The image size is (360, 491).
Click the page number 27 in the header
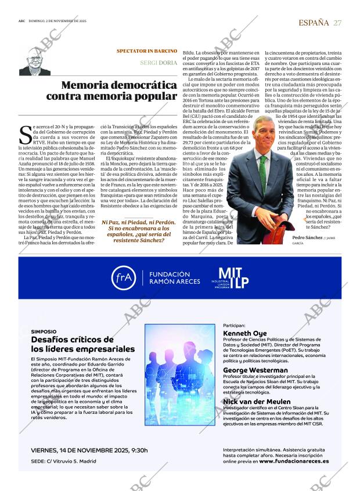pyautogui.click(x=337, y=22)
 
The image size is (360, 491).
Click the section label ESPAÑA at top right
pyautogui.click(x=314, y=22)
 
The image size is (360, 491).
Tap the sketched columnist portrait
pyautogui.click(x=35, y=61)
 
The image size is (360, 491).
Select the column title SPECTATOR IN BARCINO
pyautogui.click(x=146, y=51)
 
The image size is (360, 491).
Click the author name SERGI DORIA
pyautogui.click(x=159, y=62)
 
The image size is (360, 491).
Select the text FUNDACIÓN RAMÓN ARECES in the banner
pyautogui.click(x=170, y=278)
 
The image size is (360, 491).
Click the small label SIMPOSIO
pyautogui.click(x=44, y=331)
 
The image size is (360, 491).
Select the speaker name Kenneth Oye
pyautogui.click(x=244, y=334)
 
